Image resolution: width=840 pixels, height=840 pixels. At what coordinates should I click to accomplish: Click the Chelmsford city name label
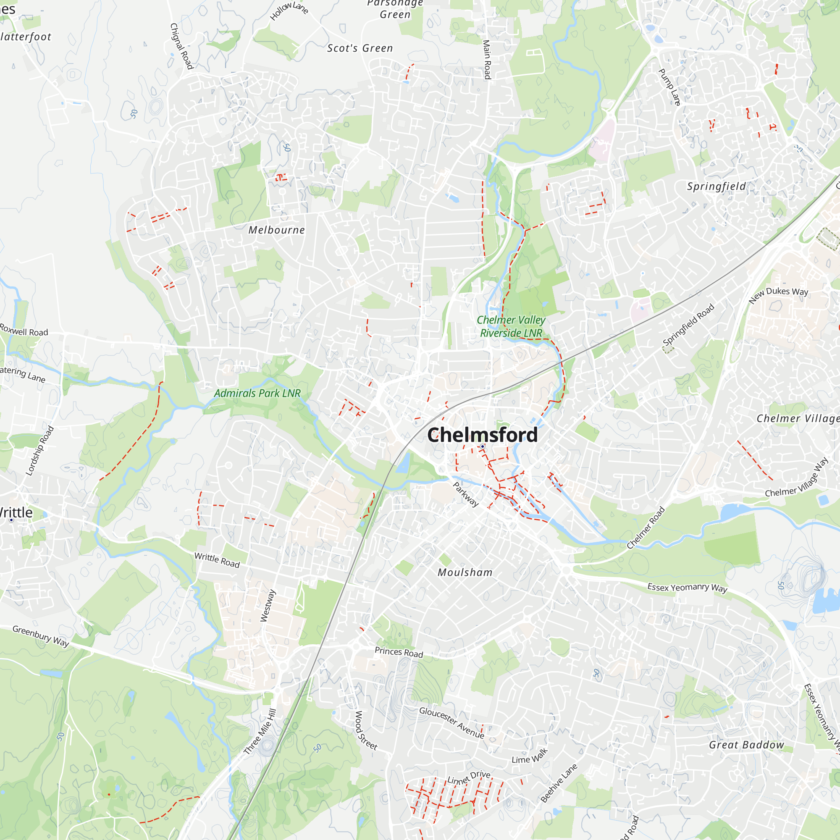pos(482,435)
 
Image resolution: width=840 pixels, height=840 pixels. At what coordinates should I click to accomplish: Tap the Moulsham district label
pos(465,572)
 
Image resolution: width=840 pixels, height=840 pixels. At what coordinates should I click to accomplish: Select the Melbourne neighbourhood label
pos(276,230)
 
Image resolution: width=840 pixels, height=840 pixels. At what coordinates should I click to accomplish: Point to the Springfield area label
pos(716,186)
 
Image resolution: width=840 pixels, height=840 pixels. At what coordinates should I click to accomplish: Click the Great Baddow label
pos(746,745)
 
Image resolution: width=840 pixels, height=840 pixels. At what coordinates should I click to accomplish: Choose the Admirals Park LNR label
pos(257,393)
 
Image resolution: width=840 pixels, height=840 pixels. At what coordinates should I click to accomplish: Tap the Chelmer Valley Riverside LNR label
pos(511,326)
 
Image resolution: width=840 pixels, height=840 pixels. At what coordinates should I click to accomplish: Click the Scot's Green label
pos(360,48)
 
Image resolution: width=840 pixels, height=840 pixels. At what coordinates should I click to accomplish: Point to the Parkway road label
pos(466,494)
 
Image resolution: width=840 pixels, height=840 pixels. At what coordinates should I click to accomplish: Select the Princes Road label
pos(399,652)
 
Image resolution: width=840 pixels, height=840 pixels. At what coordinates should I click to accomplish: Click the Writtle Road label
pos(217,560)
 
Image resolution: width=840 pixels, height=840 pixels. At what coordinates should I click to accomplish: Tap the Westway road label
pos(268,606)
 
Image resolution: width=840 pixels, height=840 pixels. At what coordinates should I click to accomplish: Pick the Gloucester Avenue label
pos(452,722)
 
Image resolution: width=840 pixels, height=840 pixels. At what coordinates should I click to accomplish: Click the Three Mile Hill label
pos(260,732)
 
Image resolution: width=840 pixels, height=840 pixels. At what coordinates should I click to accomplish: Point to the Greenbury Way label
pos(40,636)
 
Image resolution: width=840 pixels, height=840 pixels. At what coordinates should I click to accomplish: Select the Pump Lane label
pos(669,87)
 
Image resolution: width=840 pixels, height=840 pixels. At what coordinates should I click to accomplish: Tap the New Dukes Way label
pos(778,295)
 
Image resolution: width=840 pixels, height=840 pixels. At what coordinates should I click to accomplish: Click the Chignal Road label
pos(181,46)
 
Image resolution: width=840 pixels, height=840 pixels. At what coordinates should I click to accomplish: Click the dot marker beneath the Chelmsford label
pos(482,446)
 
